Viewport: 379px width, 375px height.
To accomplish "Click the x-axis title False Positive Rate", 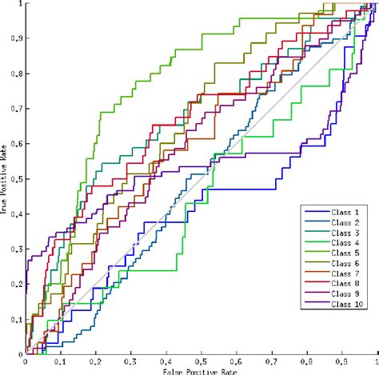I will (199, 370).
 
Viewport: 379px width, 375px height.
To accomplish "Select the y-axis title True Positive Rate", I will (5, 179).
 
